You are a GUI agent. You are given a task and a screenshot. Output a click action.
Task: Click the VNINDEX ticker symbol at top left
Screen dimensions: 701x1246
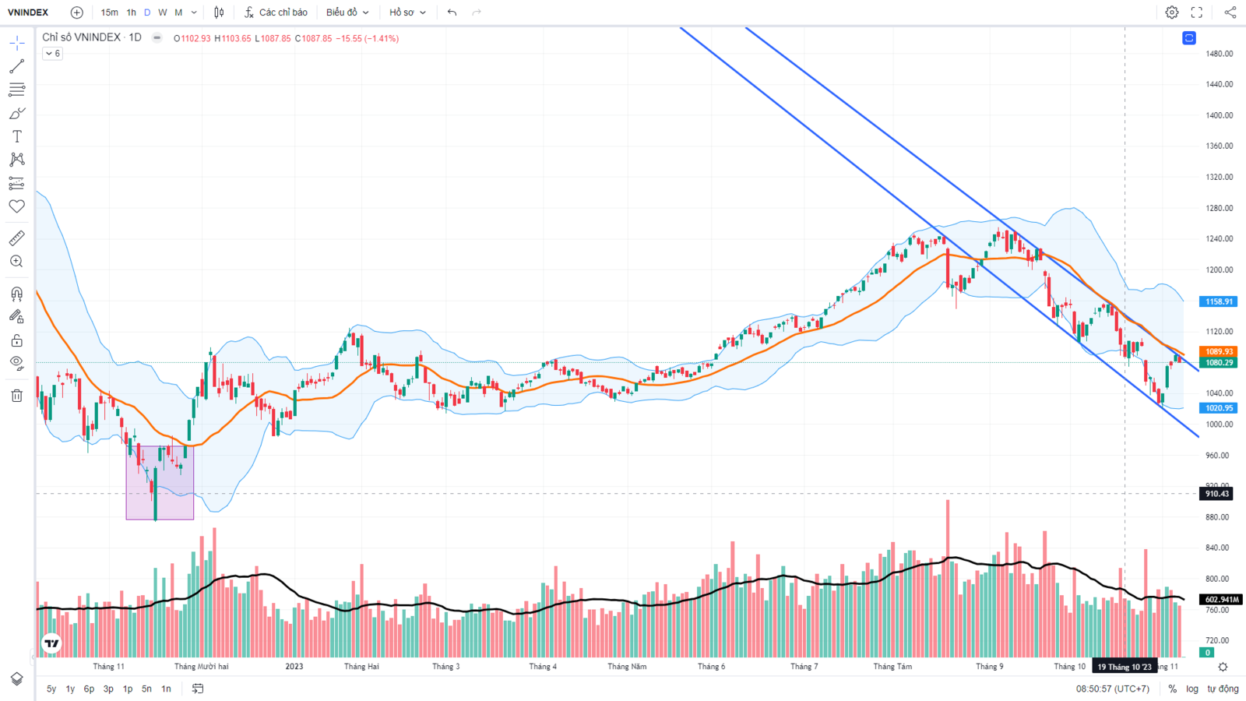tap(28, 12)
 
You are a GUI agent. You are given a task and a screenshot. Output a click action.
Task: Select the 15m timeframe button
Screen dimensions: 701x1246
tap(109, 12)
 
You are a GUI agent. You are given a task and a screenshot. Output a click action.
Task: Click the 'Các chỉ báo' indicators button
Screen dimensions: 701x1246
tap(276, 12)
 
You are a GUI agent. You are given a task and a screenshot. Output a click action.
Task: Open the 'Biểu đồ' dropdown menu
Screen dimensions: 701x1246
tap(347, 12)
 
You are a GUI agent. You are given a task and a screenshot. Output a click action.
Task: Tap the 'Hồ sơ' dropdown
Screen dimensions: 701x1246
tap(407, 12)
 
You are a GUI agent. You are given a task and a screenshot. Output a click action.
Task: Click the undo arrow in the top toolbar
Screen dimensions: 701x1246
tap(452, 12)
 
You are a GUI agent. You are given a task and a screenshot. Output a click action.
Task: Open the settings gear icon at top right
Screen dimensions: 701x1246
tap(1171, 12)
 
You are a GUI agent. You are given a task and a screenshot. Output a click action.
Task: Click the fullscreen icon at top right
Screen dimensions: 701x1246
tap(1197, 12)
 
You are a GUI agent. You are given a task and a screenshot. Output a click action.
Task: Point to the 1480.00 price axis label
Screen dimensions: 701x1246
tap(1219, 54)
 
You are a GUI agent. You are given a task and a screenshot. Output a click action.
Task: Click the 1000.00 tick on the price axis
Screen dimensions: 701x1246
tap(1219, 424)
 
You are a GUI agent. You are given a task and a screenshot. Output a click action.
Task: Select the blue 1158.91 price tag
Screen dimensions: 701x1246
tap(1219, 301)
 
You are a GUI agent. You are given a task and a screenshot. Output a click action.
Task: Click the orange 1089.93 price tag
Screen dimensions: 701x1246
tap(1219, 352)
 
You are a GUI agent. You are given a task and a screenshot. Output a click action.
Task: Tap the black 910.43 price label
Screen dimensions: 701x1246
tap(1217, 494)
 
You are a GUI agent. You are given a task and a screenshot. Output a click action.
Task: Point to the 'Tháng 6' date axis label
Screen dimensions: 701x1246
tap(711, 667)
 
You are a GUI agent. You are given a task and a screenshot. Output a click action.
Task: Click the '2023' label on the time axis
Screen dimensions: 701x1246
tap(294, 667)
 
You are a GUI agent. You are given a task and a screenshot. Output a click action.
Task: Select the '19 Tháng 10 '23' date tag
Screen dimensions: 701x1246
tap(1124, 667)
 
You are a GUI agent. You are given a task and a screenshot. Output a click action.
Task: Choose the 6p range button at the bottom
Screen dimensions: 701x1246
tap(89, 689)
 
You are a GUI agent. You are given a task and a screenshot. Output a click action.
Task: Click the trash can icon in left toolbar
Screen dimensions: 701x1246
tap(17, 396)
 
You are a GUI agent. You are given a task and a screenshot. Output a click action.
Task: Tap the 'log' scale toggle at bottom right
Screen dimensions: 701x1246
tap(1192, 689)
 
